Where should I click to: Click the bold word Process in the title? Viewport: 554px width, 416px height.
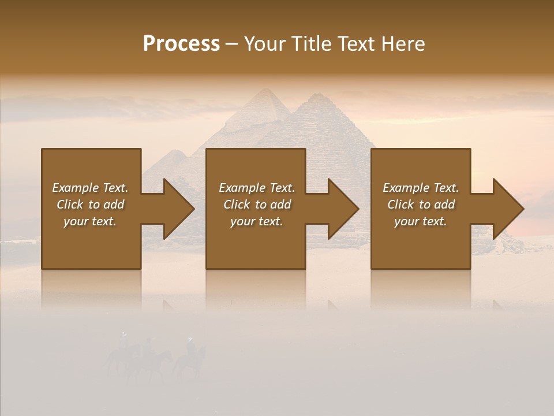tap(181, 44)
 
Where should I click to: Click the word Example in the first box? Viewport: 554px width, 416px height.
tap(75, 188)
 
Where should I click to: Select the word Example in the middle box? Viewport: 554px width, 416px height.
tap(242, 188)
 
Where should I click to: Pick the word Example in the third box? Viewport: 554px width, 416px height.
tap(406, 188)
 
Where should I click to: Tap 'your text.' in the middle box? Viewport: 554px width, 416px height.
tap(256, 221)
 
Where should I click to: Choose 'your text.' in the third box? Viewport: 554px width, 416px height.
tap(420, 221)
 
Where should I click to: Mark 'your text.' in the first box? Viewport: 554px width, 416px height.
tap(89, 221)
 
